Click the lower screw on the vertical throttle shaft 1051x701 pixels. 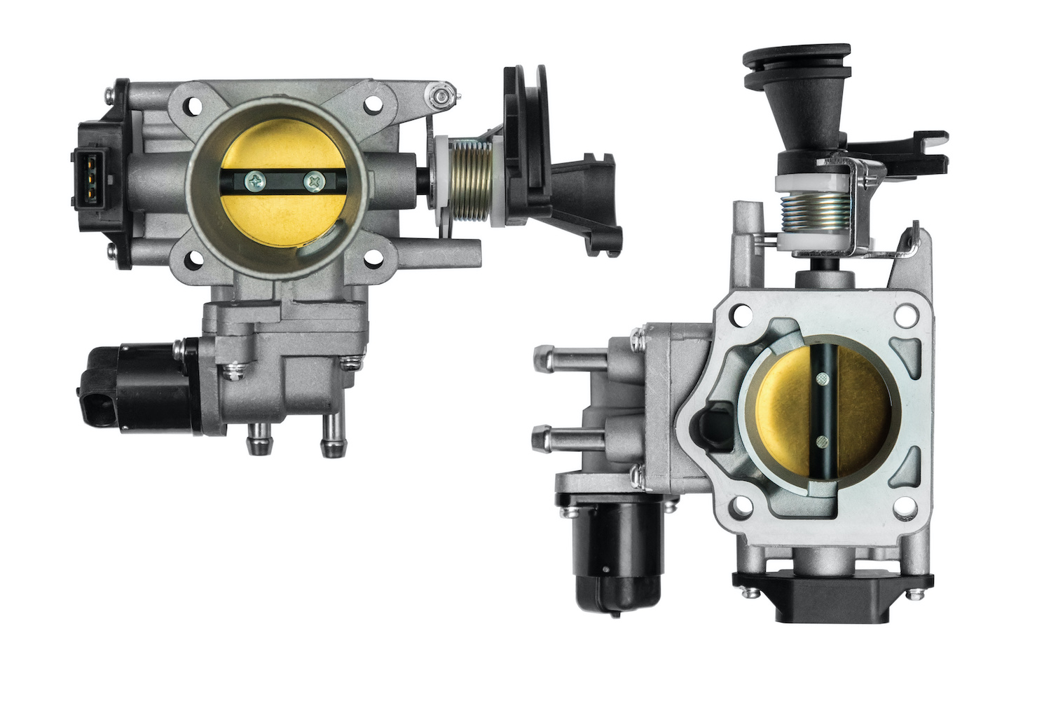[820, 442]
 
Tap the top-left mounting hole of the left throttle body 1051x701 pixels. [191, 107]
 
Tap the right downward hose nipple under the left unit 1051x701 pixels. [329, 440]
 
